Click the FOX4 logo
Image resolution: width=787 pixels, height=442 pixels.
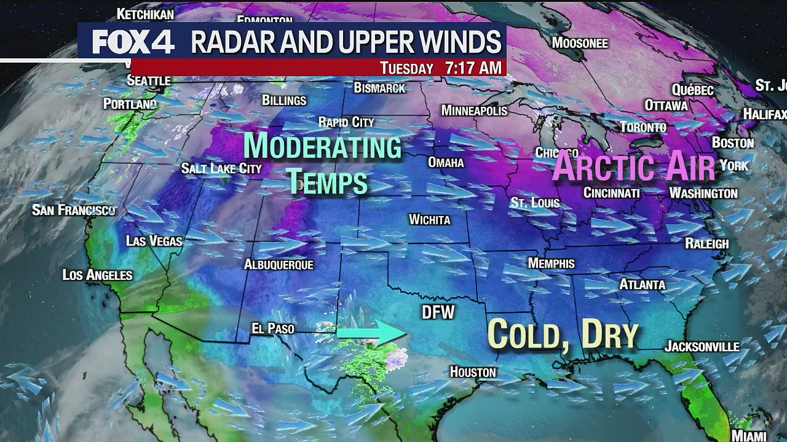coord(133,42)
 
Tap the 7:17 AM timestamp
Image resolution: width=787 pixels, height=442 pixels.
coord(473,68)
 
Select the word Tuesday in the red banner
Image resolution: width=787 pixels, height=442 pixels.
coord(406,68)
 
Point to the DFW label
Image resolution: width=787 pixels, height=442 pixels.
coord(438,312)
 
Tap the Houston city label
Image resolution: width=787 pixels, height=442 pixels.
coord(472,372)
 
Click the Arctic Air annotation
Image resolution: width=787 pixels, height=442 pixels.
coord(634,166)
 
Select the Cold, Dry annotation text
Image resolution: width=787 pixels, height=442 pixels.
coord(563,335)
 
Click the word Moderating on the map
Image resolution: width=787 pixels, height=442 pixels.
coord(322,147)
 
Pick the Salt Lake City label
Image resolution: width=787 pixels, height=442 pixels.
coord(221,168)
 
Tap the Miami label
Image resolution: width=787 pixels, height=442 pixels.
coord(749,436)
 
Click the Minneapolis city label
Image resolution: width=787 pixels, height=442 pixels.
coord(474,110)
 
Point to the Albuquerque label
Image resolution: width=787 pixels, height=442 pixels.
coord(279,265)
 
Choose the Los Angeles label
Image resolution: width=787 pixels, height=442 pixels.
coord(97,275)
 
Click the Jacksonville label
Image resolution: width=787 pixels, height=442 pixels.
coord(702,347)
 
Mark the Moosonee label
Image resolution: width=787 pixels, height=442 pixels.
coord(579,43)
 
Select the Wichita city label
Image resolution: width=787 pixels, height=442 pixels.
coord(429,220)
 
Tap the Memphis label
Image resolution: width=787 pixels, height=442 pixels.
coord(551,263)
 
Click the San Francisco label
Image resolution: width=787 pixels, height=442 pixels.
coord(73,211)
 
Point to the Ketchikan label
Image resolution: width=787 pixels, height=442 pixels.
coord(145,14)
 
